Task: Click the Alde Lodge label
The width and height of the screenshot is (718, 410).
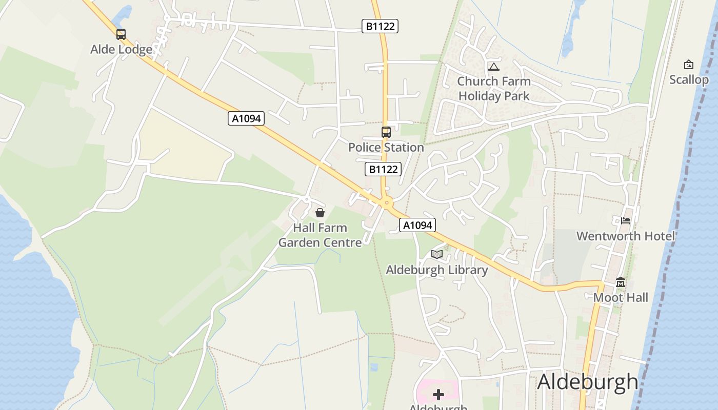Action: (122, 49)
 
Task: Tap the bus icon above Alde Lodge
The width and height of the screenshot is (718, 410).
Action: (121, 34)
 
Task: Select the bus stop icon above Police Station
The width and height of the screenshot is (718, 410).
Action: (386, 132)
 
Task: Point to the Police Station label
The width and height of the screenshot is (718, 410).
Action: (386, 147)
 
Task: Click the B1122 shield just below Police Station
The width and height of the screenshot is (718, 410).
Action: (383, 169)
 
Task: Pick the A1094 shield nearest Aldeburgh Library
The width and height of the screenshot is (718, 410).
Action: (417, 225)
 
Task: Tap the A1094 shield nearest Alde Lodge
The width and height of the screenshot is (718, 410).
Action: (246, 118)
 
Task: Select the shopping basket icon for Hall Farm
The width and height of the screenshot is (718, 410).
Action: (320, 213)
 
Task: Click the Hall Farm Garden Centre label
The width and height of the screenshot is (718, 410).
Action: (320, 235)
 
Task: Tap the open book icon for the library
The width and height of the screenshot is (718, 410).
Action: (437, 254)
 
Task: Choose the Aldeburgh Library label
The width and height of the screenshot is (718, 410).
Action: (437, 270)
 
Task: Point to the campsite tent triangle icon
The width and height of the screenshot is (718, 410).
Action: (494, 67)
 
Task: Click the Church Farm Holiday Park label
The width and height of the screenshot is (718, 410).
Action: (494, 88)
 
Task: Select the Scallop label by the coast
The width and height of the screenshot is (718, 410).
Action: (689, 80)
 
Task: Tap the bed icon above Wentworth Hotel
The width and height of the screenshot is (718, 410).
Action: (626, 221)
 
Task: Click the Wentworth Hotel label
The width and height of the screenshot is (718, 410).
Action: (626, 236)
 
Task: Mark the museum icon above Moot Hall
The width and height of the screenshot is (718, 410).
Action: (621, 282)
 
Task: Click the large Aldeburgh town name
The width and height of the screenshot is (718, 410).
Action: (588, 382)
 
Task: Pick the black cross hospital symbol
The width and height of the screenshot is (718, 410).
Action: (438, 394)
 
